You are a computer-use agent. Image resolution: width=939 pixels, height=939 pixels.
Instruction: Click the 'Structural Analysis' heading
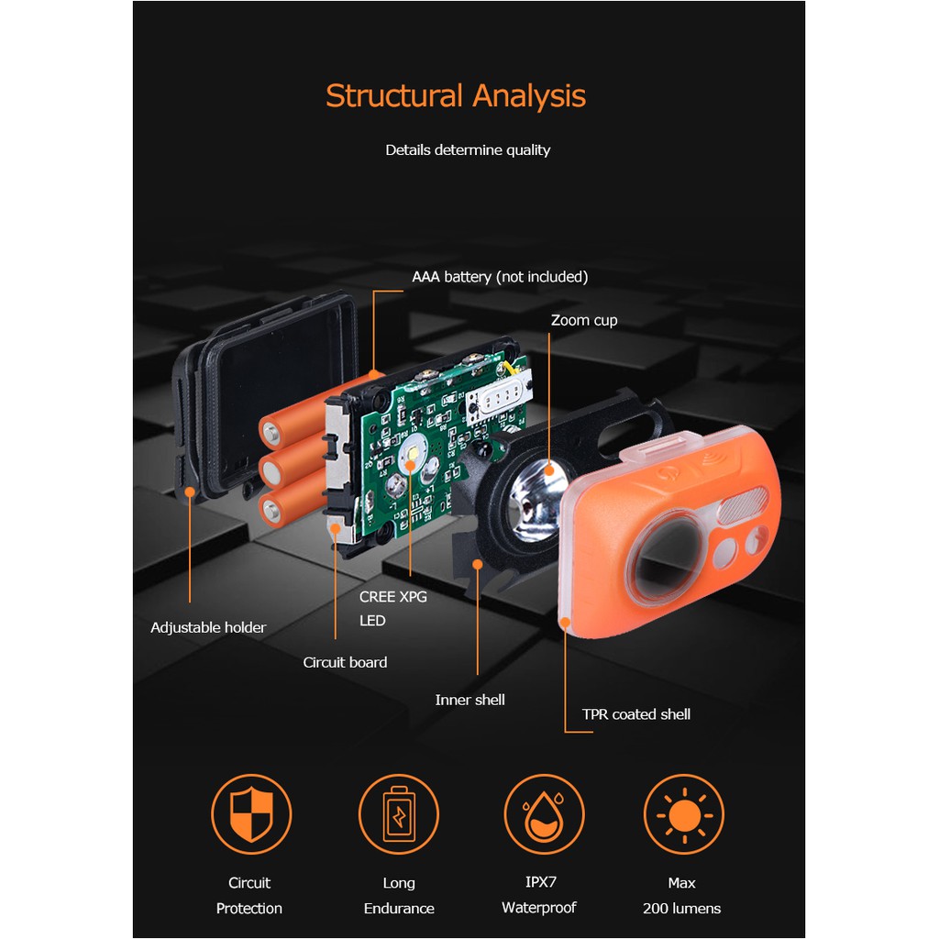456,95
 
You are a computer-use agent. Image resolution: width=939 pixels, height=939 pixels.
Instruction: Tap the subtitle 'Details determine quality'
468,149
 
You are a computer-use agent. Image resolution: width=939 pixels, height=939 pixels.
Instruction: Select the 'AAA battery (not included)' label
500,277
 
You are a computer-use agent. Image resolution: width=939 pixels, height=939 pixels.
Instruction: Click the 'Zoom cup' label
584,320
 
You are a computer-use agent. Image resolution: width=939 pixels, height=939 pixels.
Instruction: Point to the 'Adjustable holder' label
208,627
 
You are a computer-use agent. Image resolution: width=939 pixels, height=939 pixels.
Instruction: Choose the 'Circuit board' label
345,662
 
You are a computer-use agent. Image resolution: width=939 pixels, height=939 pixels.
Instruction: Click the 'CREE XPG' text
392,596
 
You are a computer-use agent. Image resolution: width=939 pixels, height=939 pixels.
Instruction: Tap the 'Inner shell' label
470,700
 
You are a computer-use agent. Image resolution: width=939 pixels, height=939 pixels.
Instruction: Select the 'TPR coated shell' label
636,713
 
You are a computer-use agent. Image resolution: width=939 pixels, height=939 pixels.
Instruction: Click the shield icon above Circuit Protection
251,814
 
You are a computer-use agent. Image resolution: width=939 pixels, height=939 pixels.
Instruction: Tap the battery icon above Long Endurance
399,814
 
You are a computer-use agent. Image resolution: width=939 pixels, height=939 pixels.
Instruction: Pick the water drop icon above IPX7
544,814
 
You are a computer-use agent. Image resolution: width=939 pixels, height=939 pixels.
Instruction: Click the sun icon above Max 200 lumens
684,814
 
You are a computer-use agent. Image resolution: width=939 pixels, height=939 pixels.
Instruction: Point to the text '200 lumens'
681,909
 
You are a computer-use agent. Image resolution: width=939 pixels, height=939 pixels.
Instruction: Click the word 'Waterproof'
539,908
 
